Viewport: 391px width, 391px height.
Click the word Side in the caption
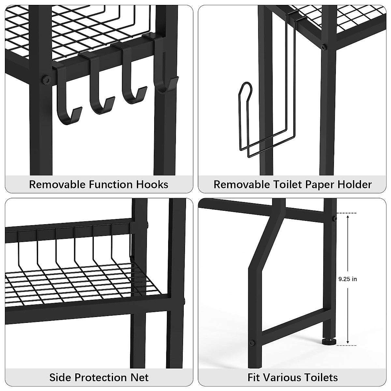(61, 377)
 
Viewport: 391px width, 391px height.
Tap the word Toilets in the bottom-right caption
(320, 377)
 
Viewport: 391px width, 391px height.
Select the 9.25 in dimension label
(348, 279)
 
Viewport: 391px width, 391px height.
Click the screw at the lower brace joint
(252, 343)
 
